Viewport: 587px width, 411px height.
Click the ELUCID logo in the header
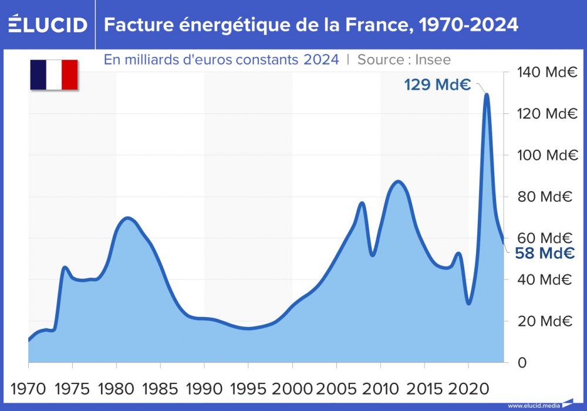[48, 25]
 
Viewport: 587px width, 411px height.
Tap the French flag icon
[54, 75]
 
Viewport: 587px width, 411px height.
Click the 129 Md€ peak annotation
[437, 85]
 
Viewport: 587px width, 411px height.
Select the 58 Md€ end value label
[544, 254]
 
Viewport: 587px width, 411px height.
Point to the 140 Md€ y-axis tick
[545, 72]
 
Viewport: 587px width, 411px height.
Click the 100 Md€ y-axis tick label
[545, 156]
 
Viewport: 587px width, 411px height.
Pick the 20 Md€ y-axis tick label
[545, 321]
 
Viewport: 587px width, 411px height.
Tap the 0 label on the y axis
[521, 363]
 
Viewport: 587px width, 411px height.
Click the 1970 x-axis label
[28, 388]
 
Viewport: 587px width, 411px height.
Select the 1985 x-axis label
[160, 388]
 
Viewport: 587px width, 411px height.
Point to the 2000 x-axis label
[292, 388]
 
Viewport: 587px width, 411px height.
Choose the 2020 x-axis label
[468, 388]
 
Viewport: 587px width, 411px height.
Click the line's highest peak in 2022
[486, 95]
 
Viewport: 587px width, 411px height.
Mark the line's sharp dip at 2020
[468, 303]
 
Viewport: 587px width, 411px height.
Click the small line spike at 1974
[65, 268]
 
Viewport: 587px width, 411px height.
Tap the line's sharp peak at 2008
[362, 203]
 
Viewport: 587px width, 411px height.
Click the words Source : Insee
[404, 59]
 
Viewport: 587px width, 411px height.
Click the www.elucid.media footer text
[532, 405]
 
